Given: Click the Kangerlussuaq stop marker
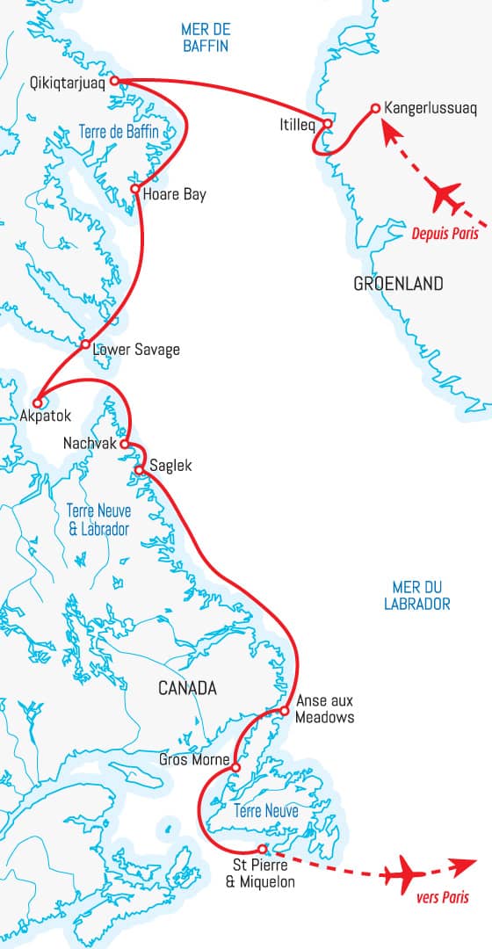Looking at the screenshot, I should [375, 108].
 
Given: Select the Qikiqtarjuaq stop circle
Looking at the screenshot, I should [114, 82].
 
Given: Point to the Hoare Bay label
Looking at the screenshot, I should [174, 194].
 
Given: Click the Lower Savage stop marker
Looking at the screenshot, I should [85, 344].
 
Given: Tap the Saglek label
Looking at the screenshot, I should [170, 466].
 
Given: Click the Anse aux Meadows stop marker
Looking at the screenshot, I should [285, 710].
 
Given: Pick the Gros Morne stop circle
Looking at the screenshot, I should [235, 769].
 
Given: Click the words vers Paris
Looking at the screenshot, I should [441, 898].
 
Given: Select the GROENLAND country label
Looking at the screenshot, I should [398, 284].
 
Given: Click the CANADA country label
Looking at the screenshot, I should [187, 688].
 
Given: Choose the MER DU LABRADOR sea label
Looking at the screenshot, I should [417, 595].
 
